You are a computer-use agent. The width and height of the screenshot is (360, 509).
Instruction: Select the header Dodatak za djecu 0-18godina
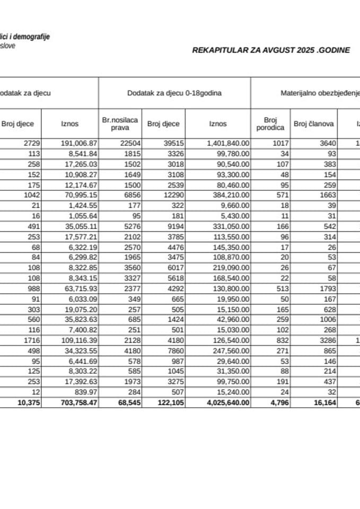point(174,93)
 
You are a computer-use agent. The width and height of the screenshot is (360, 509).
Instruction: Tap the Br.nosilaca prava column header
point(120,124)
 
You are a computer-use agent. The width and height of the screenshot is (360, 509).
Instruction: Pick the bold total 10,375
point(25,403)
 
